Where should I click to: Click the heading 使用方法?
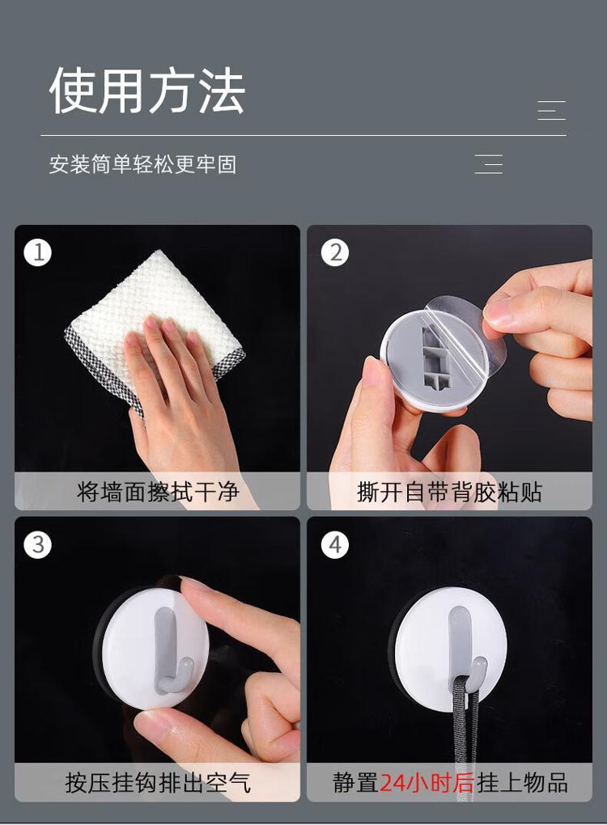(146, 91)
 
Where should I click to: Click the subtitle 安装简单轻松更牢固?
(142, 165)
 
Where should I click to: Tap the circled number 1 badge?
(38, 252)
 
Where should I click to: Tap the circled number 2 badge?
(335, 252)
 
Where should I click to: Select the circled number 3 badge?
(38, 544)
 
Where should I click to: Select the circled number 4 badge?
(335, 544)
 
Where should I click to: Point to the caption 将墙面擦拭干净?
(158, 492)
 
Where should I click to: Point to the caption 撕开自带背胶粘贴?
(449, 492)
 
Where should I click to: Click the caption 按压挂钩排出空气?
(158, 783)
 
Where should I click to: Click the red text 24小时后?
(427, 783)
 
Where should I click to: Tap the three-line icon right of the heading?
(552, 111)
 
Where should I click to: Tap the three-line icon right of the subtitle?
(489, 164)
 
